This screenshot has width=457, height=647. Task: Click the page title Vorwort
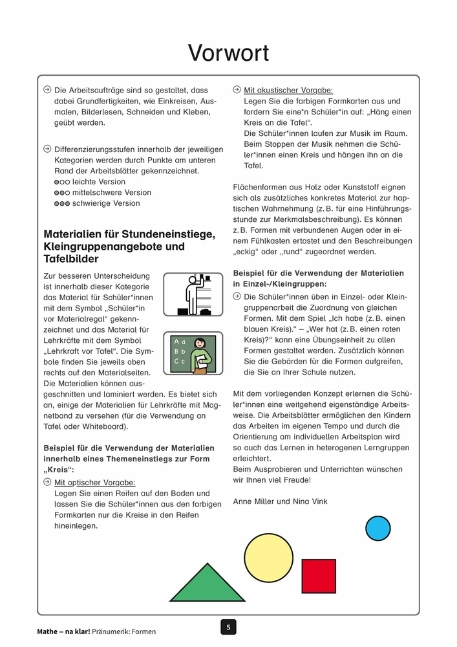[x=228, y=52]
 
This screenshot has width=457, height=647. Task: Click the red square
[x=319, y=575]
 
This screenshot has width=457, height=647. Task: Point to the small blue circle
[x=378, y=528]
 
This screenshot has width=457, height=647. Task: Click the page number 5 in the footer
[x=228, y=626]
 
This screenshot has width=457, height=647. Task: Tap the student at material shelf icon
[x=193, y=294]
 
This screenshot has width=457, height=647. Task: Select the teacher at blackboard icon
[x=193, y=353]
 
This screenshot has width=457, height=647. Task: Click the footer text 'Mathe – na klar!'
[x=63, y=631]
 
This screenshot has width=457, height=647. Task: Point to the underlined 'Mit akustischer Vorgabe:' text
[x=288, y=91]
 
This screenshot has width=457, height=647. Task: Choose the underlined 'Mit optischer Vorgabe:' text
[x=95, y=483]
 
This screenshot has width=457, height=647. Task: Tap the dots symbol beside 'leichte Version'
[x=61, y=182]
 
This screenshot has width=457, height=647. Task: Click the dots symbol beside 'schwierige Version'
[x=61, y=204]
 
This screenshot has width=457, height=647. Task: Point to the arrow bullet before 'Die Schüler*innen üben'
[x=237, y=296]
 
